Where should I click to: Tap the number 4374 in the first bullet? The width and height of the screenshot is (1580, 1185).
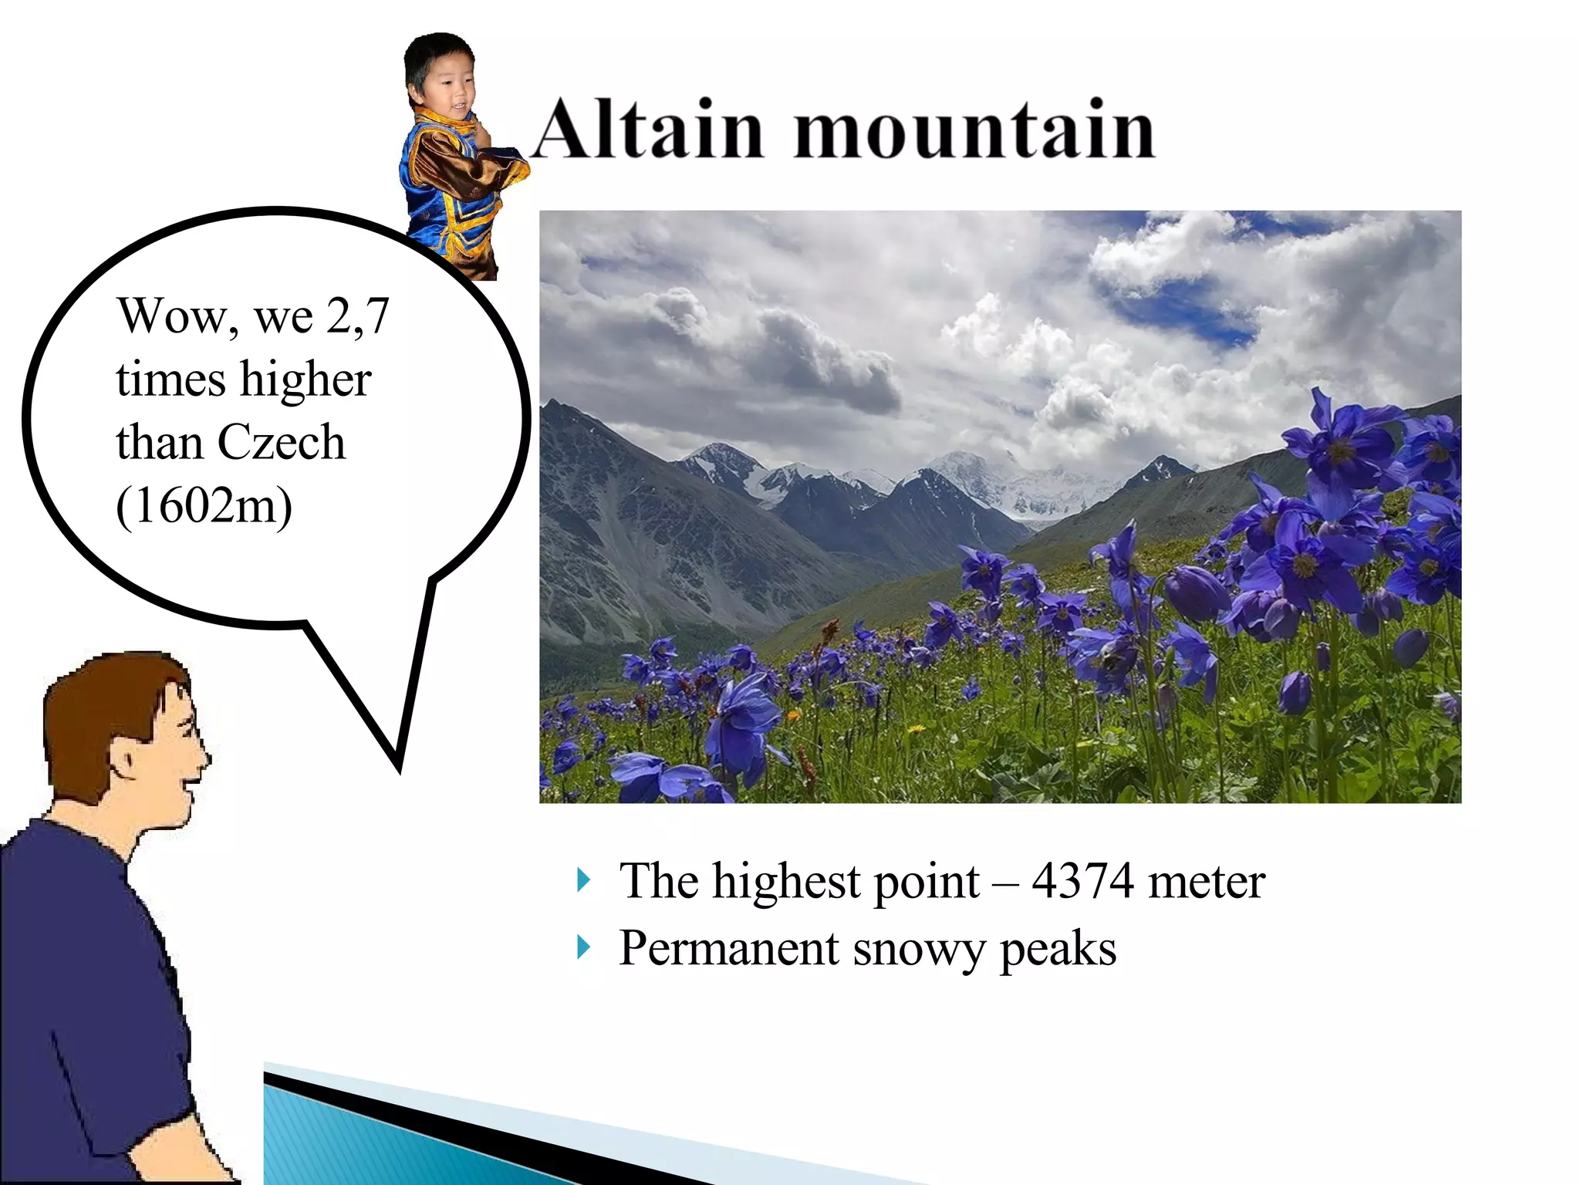(1082, 881)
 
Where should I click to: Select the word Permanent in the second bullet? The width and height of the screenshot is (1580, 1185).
(728, 948)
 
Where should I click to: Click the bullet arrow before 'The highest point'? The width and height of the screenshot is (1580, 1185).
(583, 879)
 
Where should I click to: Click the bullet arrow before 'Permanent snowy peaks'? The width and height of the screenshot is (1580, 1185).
(583, 947)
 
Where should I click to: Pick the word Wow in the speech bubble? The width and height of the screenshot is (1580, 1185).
(173, 316)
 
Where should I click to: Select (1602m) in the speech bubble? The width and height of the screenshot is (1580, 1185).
(204, 506)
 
